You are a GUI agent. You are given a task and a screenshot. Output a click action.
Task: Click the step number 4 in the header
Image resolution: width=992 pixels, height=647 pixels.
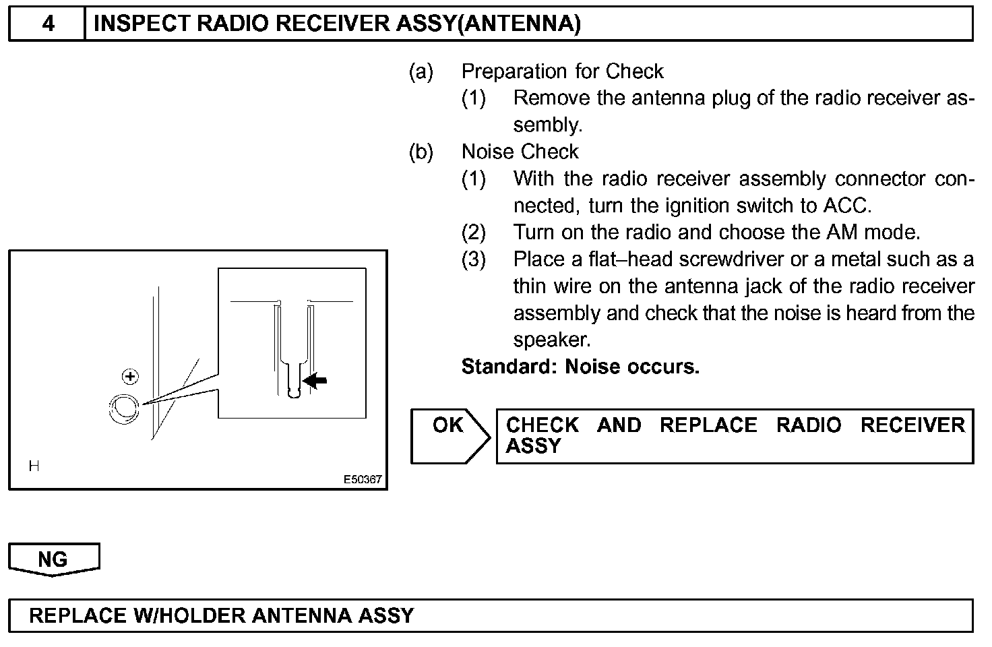(x=49, y=24)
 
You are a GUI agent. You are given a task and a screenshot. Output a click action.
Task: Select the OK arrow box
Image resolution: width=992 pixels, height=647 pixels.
(x=449, y=435)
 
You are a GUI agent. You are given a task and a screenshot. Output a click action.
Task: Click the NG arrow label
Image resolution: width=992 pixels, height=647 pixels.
(x=53, y=559)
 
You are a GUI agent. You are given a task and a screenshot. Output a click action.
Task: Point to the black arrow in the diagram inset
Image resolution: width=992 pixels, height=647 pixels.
(x=315, y=381)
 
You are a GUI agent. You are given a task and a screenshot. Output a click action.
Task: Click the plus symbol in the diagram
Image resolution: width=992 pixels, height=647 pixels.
(x=130, y=377)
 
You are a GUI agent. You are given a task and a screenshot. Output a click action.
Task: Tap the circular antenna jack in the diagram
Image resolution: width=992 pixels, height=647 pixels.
(x=124, y=408)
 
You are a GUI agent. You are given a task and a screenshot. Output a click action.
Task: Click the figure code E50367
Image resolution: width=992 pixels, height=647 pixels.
(x=363, y=480)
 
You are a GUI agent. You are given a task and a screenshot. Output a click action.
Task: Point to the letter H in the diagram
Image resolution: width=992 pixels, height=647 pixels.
(x=34, y=466)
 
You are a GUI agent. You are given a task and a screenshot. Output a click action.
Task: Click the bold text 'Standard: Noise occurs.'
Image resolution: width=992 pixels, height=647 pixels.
(x=580, y=367)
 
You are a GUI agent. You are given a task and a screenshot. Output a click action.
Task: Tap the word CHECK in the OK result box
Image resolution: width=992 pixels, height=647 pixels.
(x=542, y=425)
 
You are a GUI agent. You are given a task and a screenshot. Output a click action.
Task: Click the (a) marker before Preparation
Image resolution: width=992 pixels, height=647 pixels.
(x=421, y=71)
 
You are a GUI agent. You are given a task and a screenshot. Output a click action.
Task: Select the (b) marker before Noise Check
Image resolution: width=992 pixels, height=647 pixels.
(x=421, y=152)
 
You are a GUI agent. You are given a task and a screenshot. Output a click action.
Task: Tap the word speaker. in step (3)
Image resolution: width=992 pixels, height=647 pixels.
(x=551, y=340)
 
